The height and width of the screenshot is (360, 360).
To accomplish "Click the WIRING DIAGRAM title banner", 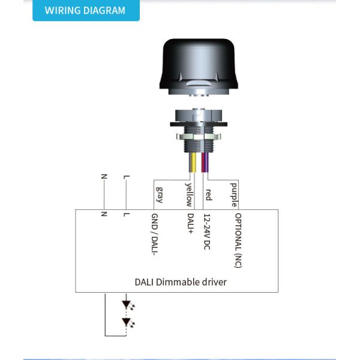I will tap(85, 11).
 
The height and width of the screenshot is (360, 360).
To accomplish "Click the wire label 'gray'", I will tap(159, 194).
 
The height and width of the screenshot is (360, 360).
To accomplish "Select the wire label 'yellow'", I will tap(189, 193).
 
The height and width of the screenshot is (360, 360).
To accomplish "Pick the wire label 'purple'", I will tap(234, 193).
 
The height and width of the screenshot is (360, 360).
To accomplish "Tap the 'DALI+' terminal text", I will tap(190, 226).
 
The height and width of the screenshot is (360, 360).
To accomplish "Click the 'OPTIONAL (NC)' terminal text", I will tap(238, 240).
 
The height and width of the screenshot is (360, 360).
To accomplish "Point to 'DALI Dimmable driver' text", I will tap(180, 281).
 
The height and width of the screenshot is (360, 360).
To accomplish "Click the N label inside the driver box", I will tap(104, 214).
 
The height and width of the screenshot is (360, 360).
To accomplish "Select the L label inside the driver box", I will tap(125, 214).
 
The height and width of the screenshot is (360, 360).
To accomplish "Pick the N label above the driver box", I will tap(104, 177).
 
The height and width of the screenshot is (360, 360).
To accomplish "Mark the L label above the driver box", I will tap(125, 177).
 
